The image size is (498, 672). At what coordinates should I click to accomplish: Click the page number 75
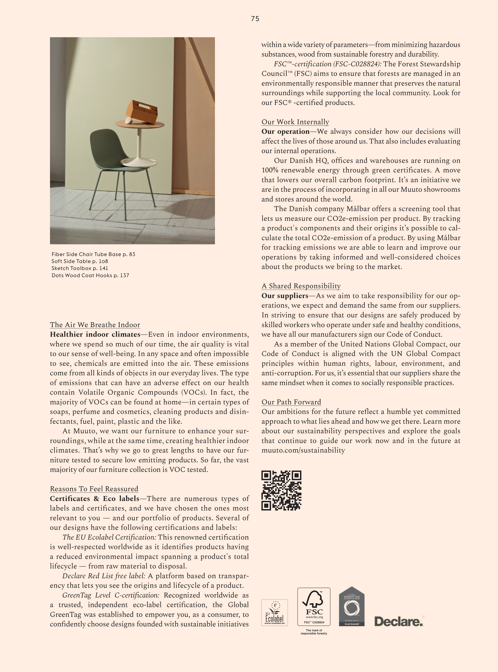coord(255,19)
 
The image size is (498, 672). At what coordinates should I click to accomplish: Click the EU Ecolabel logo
coord(274,613)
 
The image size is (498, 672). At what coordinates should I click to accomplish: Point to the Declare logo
coord(399,621)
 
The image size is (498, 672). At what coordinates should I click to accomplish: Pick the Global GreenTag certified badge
coord(352,606)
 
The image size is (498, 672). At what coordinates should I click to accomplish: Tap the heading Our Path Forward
coord(291,402)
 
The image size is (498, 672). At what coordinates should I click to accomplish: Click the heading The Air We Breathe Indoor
coord(95,325)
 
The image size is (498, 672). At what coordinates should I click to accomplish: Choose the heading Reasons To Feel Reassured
coord(94,489)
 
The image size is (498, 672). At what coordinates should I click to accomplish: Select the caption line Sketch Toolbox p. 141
coord(80,268)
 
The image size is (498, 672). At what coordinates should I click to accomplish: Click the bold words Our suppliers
coord(285,296)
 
